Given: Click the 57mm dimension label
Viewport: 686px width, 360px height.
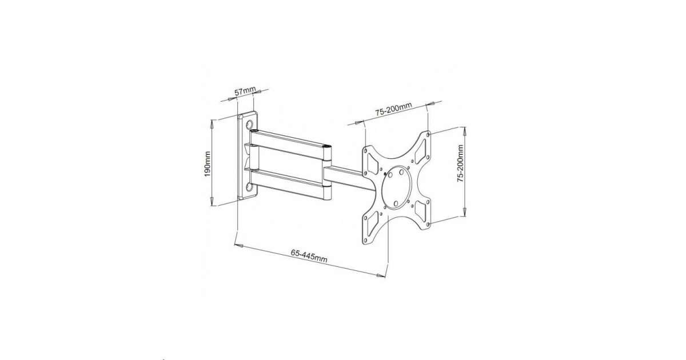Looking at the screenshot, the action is pos(245,91).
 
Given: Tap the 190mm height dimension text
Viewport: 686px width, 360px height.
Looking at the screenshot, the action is pos(208,164).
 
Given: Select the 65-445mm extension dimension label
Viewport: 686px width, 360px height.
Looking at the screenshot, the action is pos(309,256).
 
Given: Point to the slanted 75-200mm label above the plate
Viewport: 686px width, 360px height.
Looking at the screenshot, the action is pos(393,109).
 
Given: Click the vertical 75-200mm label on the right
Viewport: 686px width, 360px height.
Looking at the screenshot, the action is pos(460,163).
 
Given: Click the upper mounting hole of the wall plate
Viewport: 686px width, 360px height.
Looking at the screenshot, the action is pos(250,125).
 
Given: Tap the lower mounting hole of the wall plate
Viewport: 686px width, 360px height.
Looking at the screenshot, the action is pos(249,187).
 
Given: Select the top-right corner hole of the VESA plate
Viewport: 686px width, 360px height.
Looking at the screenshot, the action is pos(428,134).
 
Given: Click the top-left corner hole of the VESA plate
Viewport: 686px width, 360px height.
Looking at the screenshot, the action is pos(365,150).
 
